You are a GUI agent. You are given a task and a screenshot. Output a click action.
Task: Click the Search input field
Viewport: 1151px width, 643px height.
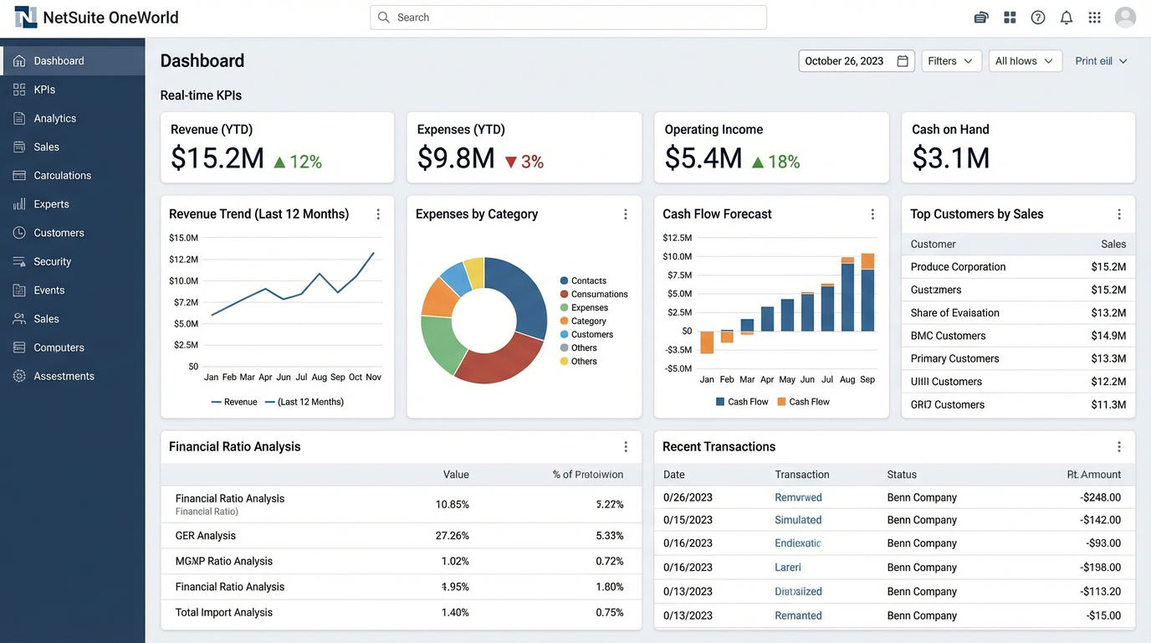tap(569, 18)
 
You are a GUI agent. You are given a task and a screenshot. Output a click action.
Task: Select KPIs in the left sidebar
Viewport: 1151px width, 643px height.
tap(44, 90)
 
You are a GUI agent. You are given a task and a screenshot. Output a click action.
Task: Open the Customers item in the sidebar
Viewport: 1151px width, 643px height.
tap(59, 233)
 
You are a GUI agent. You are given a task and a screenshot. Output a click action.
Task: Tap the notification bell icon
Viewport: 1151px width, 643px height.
tap(1066, 18)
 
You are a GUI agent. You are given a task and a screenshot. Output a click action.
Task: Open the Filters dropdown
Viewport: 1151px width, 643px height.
tap(951, 61)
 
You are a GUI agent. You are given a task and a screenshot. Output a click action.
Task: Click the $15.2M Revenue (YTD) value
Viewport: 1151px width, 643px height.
tap(217, 158)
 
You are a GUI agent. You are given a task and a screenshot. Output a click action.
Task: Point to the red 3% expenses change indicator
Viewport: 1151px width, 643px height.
tap(524, 162)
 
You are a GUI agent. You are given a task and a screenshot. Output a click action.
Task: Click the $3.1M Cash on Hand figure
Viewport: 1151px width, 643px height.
tap(950, 158)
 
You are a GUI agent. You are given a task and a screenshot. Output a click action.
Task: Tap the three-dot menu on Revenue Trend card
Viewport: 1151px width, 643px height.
tap(378, 214)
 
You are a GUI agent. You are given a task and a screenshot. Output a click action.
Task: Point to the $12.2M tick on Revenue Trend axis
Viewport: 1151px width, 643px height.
tap(183, 260)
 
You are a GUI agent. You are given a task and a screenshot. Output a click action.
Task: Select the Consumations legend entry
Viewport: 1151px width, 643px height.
tap(599, 294)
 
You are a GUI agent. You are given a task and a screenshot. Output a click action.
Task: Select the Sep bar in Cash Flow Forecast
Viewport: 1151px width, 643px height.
tap(867, 293)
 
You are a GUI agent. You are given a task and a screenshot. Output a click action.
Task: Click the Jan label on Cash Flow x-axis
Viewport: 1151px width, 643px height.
tap(707, 379)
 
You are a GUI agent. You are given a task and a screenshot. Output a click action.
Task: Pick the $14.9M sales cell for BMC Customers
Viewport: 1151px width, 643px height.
tap(1108, 336)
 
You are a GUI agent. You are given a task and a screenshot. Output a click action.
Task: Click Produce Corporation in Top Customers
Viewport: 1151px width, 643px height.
tap(958, 267)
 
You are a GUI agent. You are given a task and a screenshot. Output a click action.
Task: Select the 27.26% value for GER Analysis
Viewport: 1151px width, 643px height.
tap(453, 536)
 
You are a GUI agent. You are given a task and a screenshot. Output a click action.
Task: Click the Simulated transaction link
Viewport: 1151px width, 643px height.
tap(798, 520)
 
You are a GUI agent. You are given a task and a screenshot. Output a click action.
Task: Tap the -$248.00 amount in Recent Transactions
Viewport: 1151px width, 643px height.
tap(1100, 497)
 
